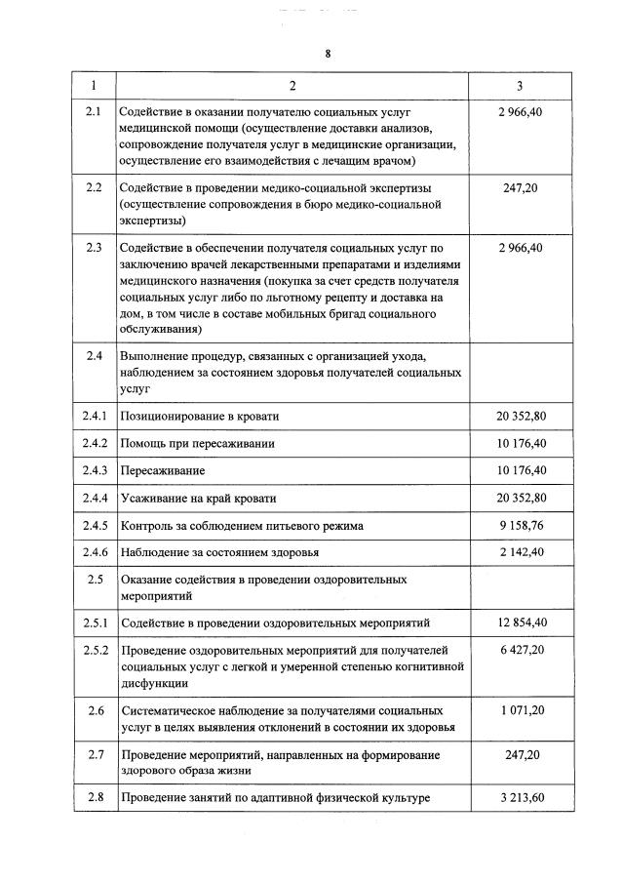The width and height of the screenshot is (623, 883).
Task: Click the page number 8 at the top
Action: pos(328,54)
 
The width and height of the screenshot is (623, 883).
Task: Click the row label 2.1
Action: pos(94,113)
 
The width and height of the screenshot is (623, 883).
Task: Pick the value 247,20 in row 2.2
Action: pos(520,186)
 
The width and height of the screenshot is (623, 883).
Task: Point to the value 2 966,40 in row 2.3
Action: pos(520,248)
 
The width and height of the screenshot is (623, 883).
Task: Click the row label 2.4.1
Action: pos(94,416)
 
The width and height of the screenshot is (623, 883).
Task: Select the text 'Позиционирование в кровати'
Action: pos(199,416)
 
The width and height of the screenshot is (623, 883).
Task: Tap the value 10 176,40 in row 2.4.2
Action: pos(520,443)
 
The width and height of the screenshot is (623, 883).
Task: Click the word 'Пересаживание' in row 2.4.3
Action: pos(162,470)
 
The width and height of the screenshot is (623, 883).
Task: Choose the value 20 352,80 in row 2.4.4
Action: pos(520,498)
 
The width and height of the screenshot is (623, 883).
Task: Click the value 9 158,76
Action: pos(520,525)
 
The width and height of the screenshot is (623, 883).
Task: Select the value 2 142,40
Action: pos(520,552)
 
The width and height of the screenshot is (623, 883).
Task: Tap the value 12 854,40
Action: pos(520,622)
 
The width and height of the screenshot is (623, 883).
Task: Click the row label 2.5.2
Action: pos(94,650)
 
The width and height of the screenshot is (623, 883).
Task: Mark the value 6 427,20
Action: pos(520,650)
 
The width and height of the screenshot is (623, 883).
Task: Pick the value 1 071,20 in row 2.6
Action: pos(520,710)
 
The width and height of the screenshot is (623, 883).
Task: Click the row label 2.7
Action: pos(94,754)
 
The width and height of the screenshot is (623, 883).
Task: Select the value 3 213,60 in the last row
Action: pos(520,798)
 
